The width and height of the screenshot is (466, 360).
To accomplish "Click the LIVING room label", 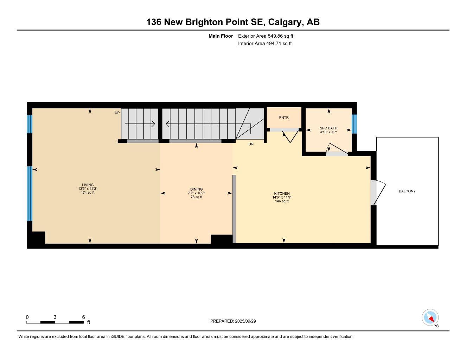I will (x=88, y=185).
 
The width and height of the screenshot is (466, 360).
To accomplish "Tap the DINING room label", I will (x=196, y=189).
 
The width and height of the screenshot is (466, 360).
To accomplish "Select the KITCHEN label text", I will (x=282, y=193).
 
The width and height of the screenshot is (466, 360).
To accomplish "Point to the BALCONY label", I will (x=407, y=191).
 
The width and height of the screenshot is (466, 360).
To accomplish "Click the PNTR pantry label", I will (x=283, y=117).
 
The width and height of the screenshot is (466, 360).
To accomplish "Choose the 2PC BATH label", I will (x=328, y=128).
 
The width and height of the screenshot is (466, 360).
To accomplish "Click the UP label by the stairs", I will (x=117, y=113).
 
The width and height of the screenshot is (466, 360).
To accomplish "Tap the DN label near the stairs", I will (x=251, y=144).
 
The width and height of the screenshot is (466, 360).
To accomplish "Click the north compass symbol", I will (x=430, y=318).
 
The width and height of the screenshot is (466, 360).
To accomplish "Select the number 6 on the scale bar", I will (x=83, y=317).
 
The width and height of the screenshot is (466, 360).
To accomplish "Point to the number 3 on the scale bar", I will (x=55, y=317).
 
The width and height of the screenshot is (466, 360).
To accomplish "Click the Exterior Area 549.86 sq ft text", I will (x=266, y=36).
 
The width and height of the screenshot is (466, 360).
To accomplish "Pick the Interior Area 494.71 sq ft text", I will (x=265, y=44).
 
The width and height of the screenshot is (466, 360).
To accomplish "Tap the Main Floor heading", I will (x=221, y=36).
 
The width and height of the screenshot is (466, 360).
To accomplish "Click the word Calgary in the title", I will (x=285, y=22).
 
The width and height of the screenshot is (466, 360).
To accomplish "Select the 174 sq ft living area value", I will (x=88, y=193).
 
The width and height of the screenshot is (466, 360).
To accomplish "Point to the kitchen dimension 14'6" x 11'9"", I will (x=282, y=197).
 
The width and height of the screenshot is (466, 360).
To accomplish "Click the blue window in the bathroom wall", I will (x=354, y=124).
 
